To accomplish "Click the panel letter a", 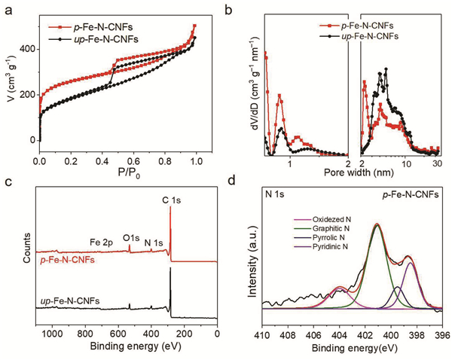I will (x=7, y=8).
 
